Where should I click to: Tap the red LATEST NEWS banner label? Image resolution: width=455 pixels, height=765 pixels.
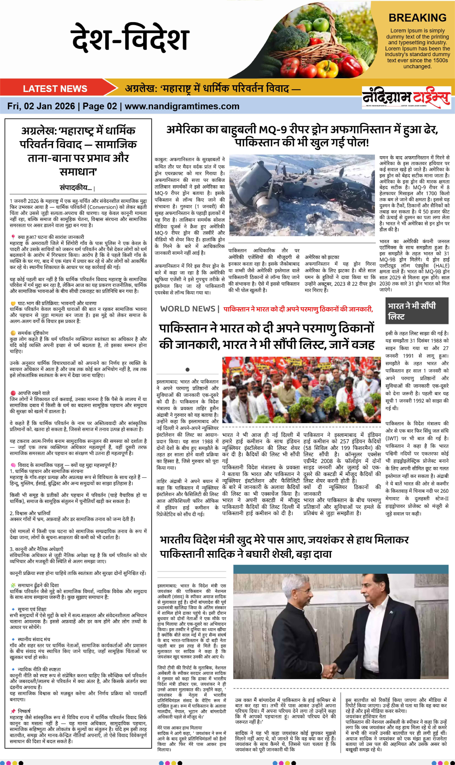tap(55, 89)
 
